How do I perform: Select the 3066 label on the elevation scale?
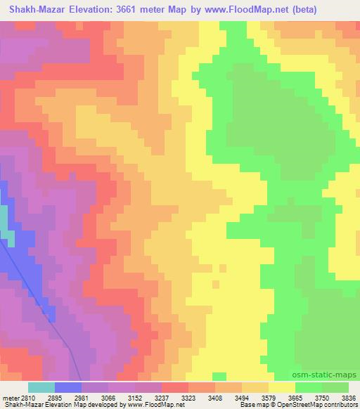(112, 398)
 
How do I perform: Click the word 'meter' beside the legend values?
(9, 398)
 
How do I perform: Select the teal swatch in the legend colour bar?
(41, 387)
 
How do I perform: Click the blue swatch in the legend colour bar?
(68, 387)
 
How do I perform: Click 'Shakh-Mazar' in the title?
(39, 10)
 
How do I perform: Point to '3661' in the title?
(145, 10)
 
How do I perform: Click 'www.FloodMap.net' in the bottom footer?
(151, 405)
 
